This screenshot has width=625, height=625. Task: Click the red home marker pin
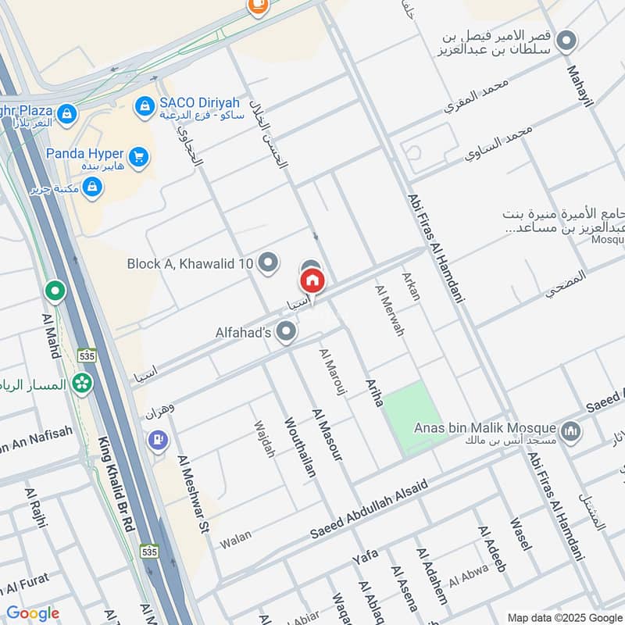(312, 280)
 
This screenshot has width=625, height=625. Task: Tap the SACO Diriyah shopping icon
(144, 106)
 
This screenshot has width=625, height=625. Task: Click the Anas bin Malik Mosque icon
(571, 430)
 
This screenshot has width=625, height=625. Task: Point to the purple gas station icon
(158, 441)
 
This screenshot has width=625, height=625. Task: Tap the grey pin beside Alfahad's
(287, 333)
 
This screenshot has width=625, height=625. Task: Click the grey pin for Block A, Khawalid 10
(268, 263)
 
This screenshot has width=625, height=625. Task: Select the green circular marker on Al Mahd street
(55, 292)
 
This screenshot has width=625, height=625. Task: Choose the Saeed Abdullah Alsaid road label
(369, 510)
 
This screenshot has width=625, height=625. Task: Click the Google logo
(33, 613)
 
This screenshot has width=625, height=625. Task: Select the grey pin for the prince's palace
(566, 40)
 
